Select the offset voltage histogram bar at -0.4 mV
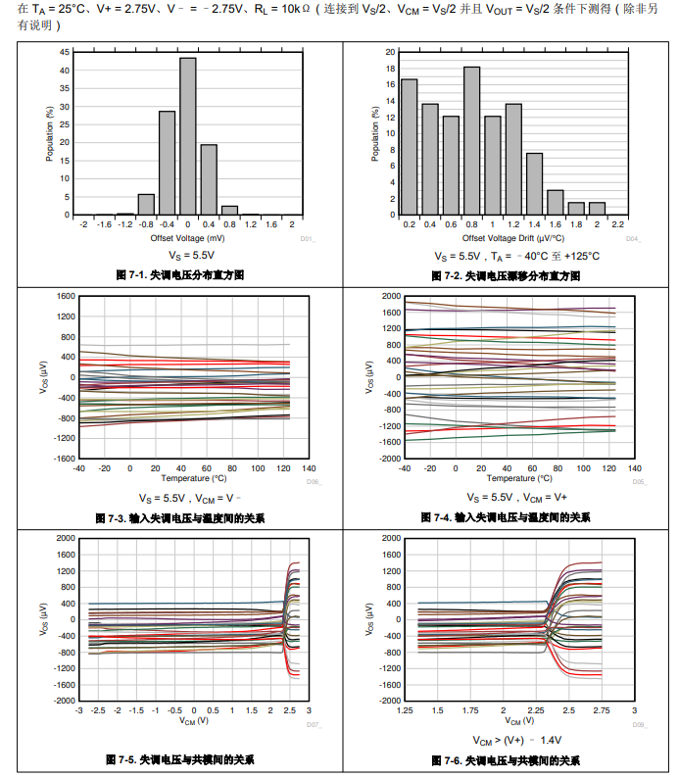tap(167, 163)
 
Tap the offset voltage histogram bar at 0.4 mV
tap(209, 179)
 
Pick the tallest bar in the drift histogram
tap(471, 140)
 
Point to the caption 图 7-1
tap(179, 275)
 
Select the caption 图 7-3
tap(179, 516)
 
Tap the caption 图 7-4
tap(505, 516)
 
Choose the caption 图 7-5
tap(179, 759)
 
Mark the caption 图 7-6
tap(505, 759)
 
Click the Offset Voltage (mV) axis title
tap(187, 238)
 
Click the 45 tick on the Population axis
tap(65, 51)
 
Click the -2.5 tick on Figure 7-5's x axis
tap(99, 711)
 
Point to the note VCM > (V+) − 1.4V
tap(513, 741)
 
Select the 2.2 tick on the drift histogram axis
tap(617, 225)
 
